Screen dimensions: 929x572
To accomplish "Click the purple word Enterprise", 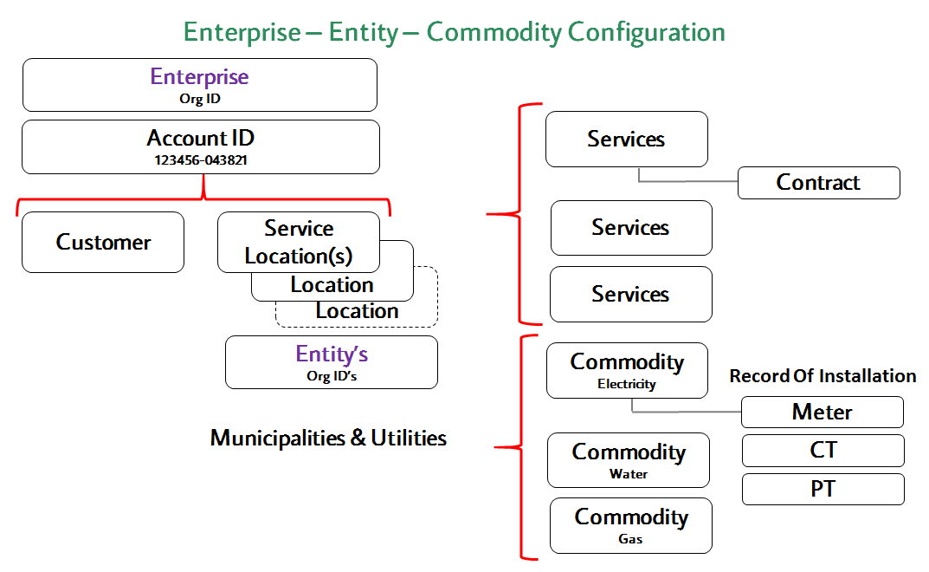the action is pyautogui.click(x=199, y=76).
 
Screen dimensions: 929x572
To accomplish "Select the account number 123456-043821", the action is pyautogui.click(x=201, y=160).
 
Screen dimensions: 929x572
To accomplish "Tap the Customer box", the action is pyautogui.click(x=103, y=242).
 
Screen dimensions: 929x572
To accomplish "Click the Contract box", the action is pyautogui.click(x=819, y=183).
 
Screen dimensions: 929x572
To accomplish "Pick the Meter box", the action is pyautogui.click(x=823, y=412).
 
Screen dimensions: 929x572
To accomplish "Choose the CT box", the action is pyautogui.click(x=823, y=451).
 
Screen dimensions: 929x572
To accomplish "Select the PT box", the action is pyautogui.click(x=823, y=489).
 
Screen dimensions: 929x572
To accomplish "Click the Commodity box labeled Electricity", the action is pyautogui.click(x=627, y=370).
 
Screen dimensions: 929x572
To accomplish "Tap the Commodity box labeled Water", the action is pyautogui.click(x=629, y=460).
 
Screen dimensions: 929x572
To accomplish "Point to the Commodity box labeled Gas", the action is pyautogui.click(x=631, y=526).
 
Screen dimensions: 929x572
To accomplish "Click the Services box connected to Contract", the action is pyautogui.click(x=627, y=139).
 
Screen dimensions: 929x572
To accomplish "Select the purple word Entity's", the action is pyautogui.click(x=332, y=354).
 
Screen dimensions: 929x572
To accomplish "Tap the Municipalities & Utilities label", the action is pyautogui.click(x=328, y=438).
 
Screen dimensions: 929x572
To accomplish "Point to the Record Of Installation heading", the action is pyautogui.click(x=823, y=375).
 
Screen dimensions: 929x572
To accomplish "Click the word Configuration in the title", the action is pyautogui.click(x=647, y=33).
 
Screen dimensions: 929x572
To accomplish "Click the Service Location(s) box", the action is pyautogui.click(x=299, y=242).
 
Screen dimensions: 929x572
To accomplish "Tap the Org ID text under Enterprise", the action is pyautogui.click(x=200, y=99).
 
